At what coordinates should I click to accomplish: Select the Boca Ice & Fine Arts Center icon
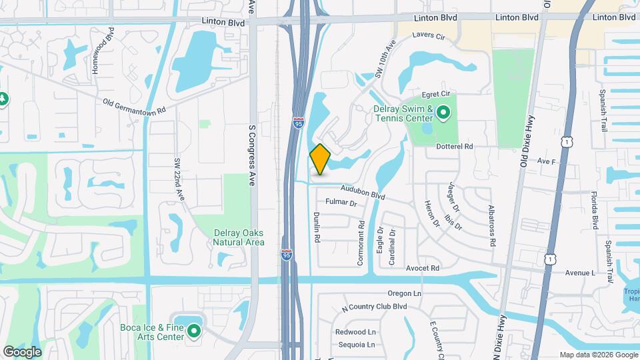pos(194,331)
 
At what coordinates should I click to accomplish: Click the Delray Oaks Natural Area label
pos(239,237)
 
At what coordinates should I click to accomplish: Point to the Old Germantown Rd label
pos(134,105)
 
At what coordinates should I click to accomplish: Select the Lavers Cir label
pos(429,36)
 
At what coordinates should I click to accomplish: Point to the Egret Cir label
pos(438,95)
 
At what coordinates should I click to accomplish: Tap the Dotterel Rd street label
pos(454,146)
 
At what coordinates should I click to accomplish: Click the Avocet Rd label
pos(423,268)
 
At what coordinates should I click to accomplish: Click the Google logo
pos(22,351)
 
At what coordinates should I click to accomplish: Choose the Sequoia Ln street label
pos(355,345)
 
